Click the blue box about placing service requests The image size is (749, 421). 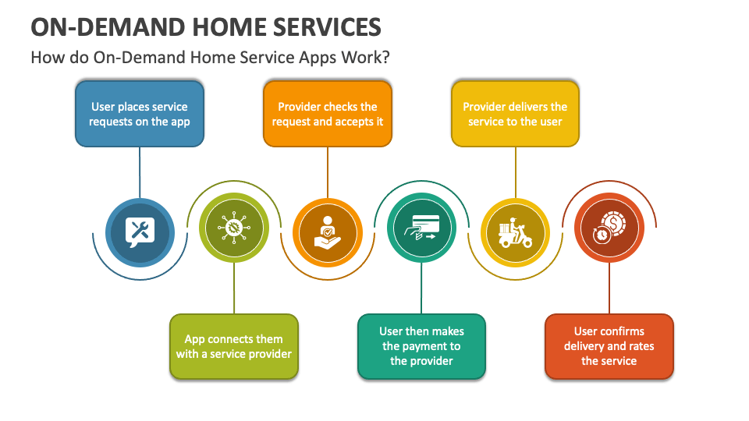139,114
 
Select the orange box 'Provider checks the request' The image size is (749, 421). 328,114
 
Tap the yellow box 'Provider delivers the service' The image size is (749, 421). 515,114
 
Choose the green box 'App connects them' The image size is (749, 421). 234,346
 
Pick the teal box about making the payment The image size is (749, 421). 421,346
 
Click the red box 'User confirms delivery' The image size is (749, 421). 609,346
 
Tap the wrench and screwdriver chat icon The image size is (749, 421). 140,232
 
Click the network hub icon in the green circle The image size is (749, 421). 234,228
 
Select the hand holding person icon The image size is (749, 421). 328,232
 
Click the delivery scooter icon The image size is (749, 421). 515,232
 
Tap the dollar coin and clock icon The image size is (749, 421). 609,228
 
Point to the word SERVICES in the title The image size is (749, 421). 321,27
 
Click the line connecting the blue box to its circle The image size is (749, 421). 140,172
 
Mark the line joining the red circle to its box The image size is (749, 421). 609,288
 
